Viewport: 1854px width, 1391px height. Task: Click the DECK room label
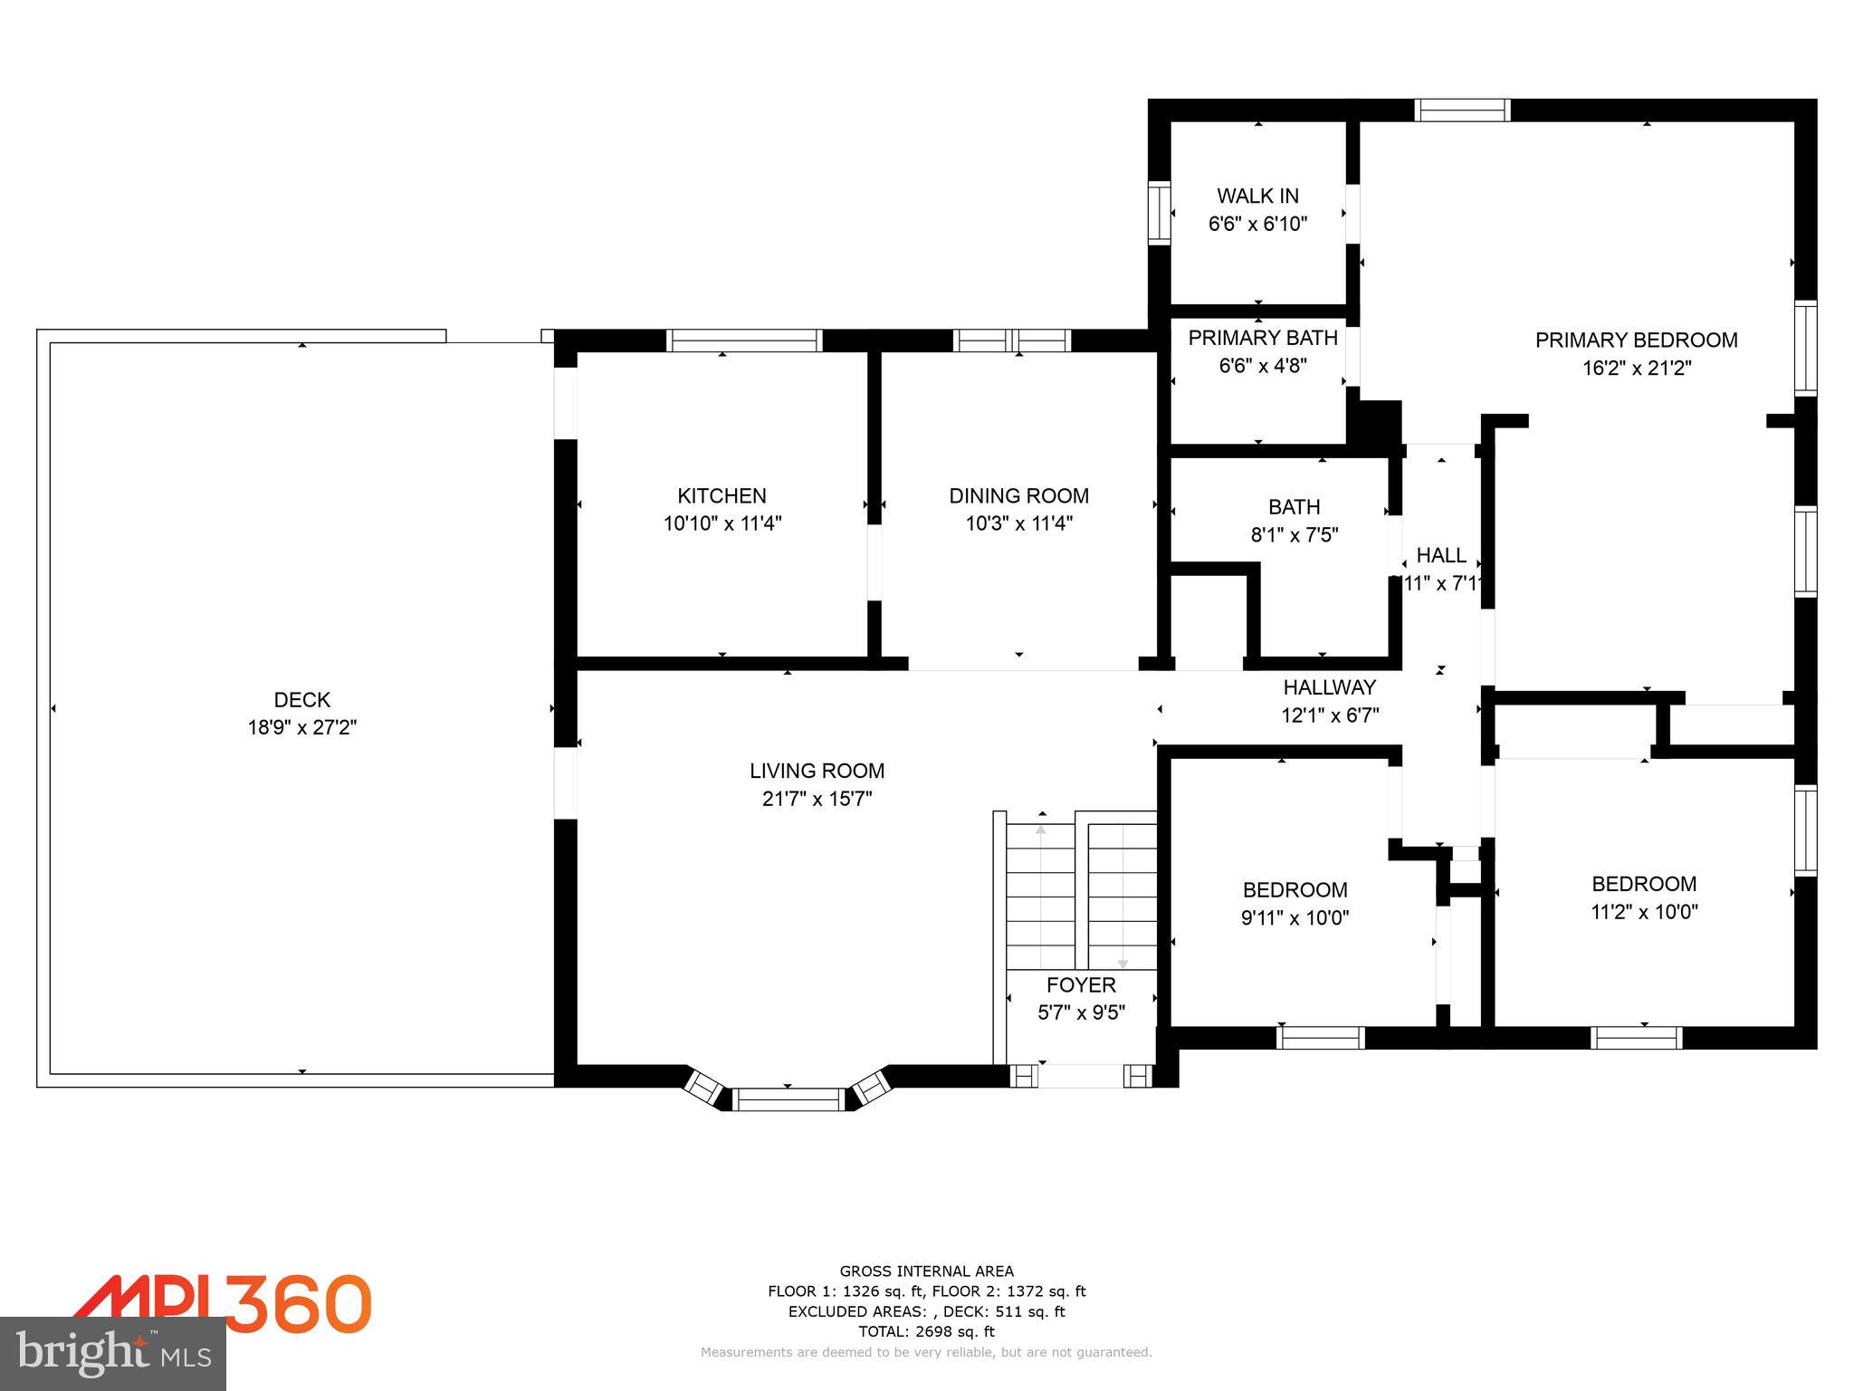(x=302, y=699)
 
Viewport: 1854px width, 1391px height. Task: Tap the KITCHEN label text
(x=722, y=495)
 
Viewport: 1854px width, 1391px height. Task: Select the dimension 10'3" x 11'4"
(x=1018, y=523)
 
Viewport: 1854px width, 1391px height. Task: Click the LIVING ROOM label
(x=817, y=771)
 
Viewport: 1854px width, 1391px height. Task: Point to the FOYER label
(x=1081, y=984)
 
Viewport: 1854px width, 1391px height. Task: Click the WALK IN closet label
(x=1257, y=196)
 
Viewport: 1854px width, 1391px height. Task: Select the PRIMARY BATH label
(x=1262, y=338)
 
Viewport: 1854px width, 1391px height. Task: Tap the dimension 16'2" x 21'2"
(x=1636, y=369)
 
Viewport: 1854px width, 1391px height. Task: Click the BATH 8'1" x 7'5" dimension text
(x=1294, y=535)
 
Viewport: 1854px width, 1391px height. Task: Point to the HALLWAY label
(x=1329, y=687)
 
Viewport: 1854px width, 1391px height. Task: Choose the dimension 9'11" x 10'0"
(x=1295, y=918)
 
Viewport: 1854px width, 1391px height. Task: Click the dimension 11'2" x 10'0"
(x=1644, y=912)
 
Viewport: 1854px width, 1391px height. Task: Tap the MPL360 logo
(x=222, y=1304)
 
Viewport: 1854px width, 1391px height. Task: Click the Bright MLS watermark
(x=113, y=1354)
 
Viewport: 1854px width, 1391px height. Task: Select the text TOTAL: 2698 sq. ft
(x=926, y=1331)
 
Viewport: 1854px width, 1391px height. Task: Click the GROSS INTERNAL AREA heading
(x=926, y=1271)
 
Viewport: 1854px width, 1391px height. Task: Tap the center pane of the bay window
(x=788, y=1099)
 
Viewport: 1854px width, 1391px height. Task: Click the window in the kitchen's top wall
(x=744, y=341)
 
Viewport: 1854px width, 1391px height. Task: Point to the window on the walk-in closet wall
(x=1159, y=213)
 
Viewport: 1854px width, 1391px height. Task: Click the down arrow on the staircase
(x=1123, y=964)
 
